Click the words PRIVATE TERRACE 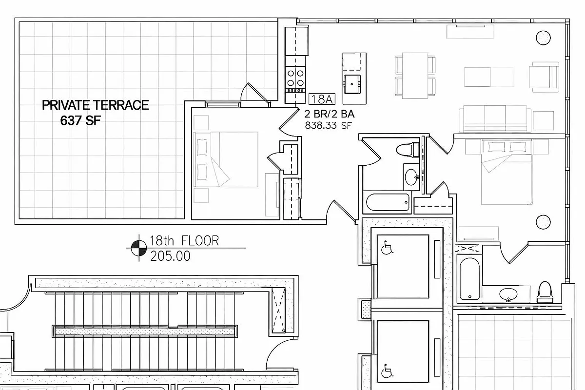pos(95,105)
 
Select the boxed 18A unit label pos(322,99)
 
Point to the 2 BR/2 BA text pos(329,115)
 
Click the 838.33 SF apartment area pos(329,125)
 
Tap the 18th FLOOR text pos(184,240)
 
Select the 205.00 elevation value pos(170,255)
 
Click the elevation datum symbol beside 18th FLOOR pos(138,248)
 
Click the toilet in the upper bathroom pos(408,149)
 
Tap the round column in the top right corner pos(543,38)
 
